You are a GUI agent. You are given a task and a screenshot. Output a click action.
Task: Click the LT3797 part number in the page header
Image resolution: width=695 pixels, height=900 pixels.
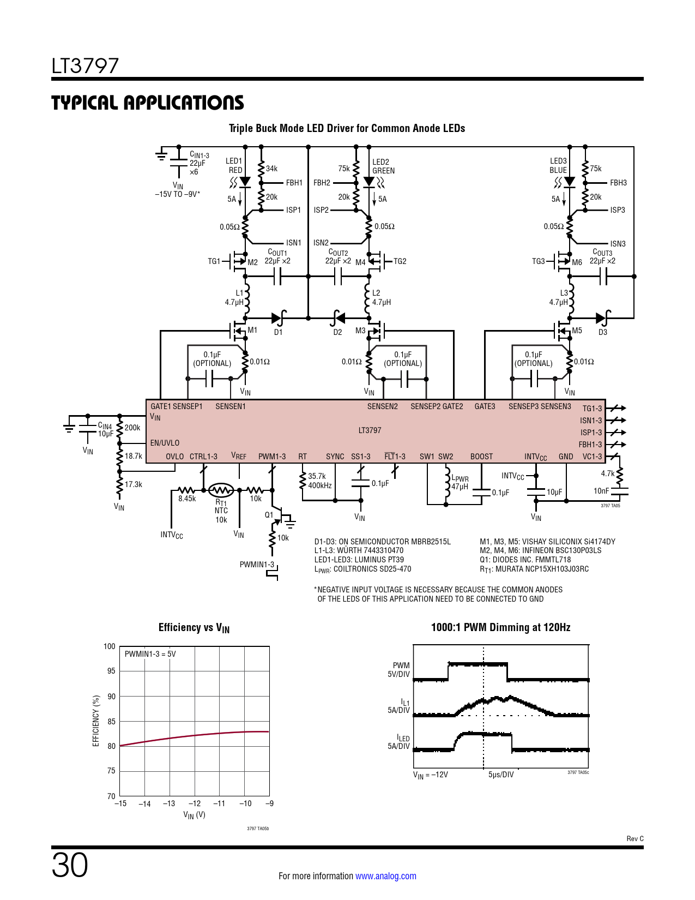[x=85, y=66]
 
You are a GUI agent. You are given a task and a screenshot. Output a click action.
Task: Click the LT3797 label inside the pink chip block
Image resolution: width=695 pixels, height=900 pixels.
[x=370, y=430]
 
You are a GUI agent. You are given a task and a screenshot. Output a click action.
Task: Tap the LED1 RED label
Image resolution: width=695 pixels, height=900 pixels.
[x=234, y=166]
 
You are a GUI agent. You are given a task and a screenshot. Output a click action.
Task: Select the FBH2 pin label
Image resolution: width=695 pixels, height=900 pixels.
[x=322, y=183]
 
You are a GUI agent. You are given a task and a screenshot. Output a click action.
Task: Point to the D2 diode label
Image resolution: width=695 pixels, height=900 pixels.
[x=337, y=332]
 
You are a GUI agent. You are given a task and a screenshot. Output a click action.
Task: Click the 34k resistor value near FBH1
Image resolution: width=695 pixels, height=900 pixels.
[x=271, y=169]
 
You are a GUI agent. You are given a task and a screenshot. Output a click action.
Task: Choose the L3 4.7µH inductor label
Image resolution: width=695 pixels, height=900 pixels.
[x=559, y=298]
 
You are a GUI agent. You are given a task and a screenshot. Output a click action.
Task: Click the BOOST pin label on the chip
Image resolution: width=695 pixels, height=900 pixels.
[x=481, y=457]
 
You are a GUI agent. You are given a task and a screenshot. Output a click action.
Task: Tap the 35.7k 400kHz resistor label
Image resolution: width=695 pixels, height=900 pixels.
[x=319, y=481]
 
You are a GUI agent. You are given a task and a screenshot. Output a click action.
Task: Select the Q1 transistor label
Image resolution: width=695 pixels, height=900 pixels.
[x=269, y=515]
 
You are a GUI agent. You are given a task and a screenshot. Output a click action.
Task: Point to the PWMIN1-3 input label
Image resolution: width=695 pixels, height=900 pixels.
[x=257, y=565]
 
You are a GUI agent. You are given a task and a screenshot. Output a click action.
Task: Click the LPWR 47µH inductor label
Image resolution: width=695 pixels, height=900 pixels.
[x=460, y=483]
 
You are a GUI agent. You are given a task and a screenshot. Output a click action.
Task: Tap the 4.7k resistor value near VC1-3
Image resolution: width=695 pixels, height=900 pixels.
[x=607, y=473]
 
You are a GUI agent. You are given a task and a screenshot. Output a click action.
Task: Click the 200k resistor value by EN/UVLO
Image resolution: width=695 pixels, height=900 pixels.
[x=132, y=428]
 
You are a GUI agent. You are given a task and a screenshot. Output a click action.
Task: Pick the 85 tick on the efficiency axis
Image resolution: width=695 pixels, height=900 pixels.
[x=111, y=721]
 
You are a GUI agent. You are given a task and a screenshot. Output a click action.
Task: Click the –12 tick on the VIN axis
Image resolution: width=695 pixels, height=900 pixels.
[x=194, y=803]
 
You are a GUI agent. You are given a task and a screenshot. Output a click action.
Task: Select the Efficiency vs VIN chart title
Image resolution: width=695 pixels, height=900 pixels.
[x=194, y=628]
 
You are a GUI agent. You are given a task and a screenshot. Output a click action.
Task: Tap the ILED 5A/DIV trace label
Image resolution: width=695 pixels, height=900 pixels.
[x=399, y=742]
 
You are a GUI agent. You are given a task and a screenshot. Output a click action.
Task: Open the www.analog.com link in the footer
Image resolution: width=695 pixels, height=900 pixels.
[x=385, y=876]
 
